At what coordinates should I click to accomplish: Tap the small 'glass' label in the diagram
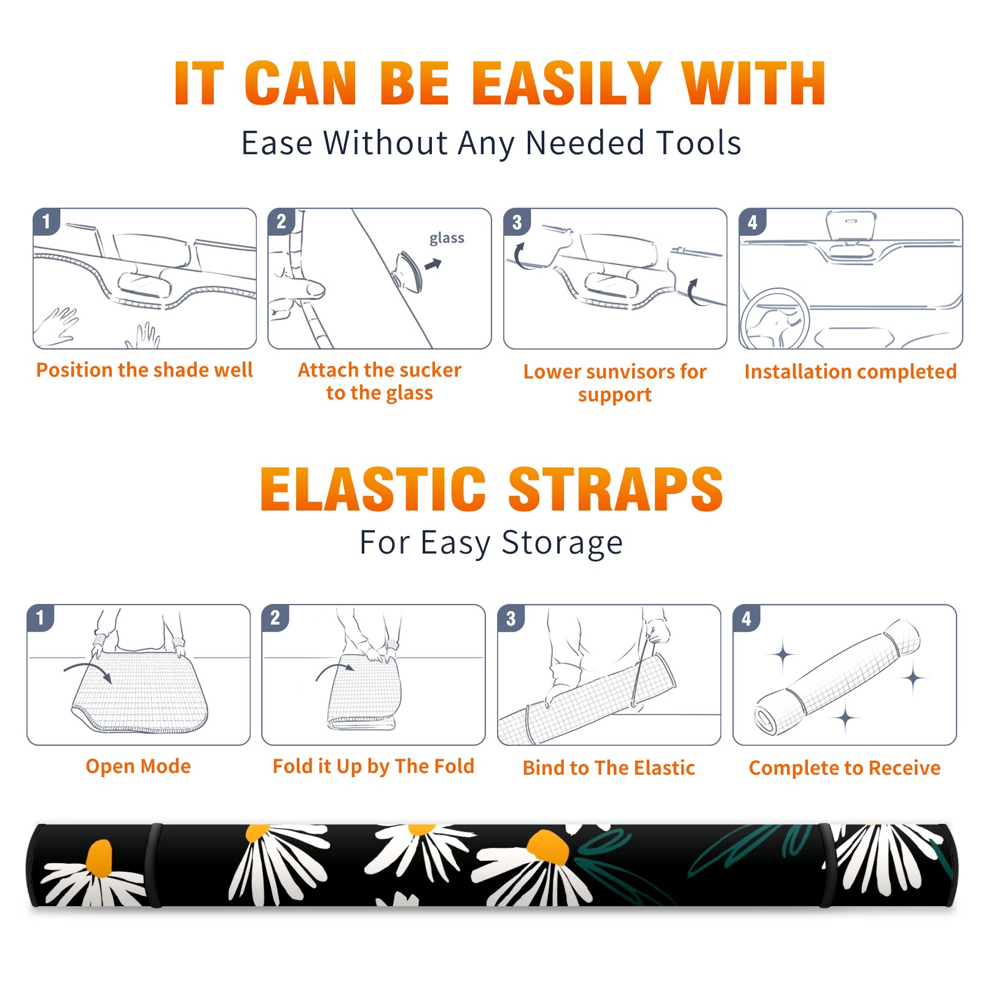pyautogui.click(x=447, y=238)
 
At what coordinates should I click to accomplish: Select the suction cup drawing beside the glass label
pyautogui.click(x=409, y=270)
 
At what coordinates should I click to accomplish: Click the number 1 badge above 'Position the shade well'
pyautogui.click(x=47, y=221)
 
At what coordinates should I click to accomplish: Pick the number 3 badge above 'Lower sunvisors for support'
pyautogui.click(x=517, y=222)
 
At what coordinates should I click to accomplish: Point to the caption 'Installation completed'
pyautogui.click(x=850, y=371)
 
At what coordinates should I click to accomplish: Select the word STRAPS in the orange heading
pyautogui.click(x=616, y=489)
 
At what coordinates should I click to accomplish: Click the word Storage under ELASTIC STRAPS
pyautogui.click(x=562, y=543)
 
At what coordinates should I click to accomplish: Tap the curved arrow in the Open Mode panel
pyautogui.click(x=88, y=671)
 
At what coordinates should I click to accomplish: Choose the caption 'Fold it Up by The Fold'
pyautogui.click(x=374, y=766)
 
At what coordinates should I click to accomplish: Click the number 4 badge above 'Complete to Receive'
pyautogui.click(x=746, y=618)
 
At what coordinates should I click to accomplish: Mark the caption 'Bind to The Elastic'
pyautogui.click(x=609, y=768)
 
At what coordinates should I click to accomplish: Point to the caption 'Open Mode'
pyautogui.click(x=138, y=766)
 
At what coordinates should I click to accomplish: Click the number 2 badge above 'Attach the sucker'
pyautogui.click(x=281, y=221)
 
